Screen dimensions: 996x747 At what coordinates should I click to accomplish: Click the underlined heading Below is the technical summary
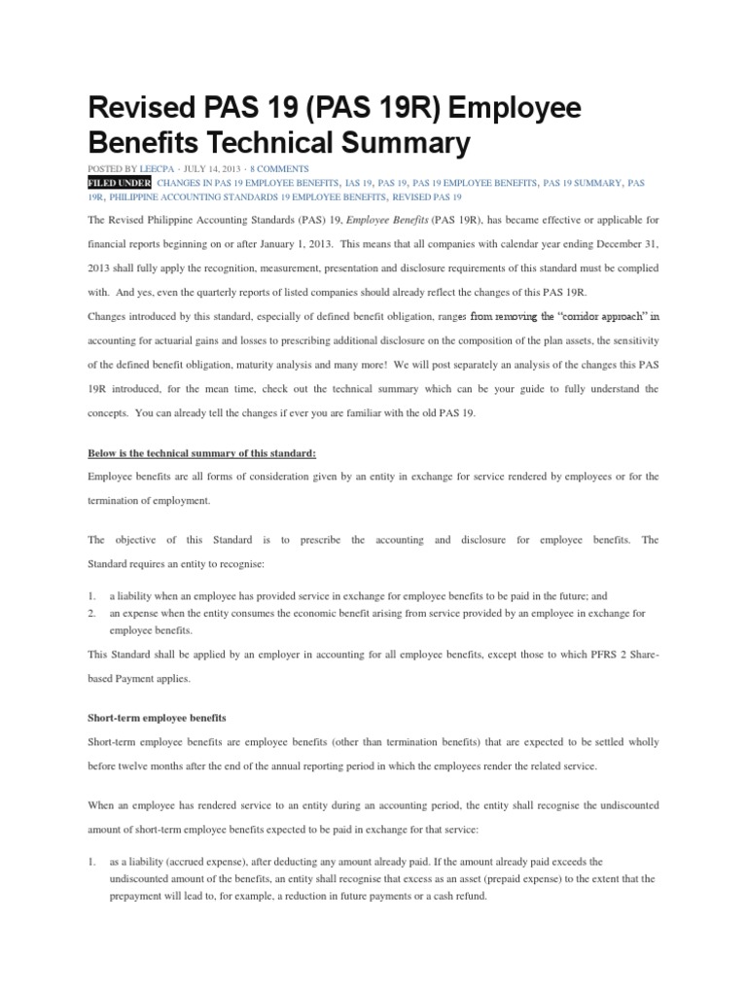[201, 452]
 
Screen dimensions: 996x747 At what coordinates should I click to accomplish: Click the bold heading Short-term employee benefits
[157, 717]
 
